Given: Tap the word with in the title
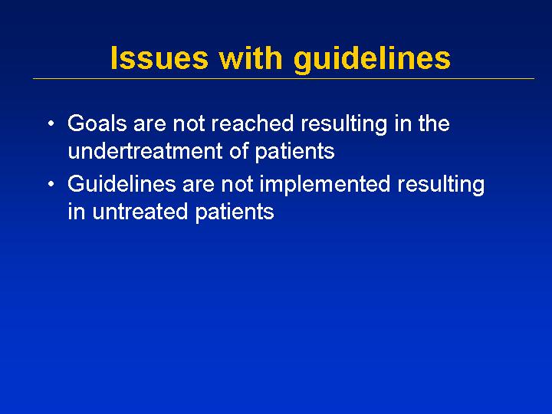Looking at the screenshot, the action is pyautogui.click(x=250, y=58).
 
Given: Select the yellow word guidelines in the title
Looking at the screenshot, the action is pyautogui.click(x=372, y=60).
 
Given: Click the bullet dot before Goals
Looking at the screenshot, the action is pyautogui.click(x=51, y=124).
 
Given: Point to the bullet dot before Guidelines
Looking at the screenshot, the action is pyautogui.click(x=51, y=184).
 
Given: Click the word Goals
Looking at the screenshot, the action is pyautogui.click(x=97, y=123).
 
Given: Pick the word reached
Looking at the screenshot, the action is pyautogui.click(x=252, y=123).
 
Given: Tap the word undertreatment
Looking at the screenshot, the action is pyautogui.click(x=145, y=151).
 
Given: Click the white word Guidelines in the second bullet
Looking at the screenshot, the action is pyautogui.click(x=121, y=184).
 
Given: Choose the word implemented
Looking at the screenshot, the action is pyautogui.click(x=325, y=186).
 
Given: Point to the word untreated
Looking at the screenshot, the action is pyautogui.click(x=140, y=212).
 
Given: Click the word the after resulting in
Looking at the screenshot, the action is pyautogui.click(x=434, y=123).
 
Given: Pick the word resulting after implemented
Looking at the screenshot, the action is pyautogui.click(x=441, y=186).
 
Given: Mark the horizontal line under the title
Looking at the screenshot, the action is pyautogui.click(x=284, y=78).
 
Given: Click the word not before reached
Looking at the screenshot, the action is pyautogui.click(x=189, y=123).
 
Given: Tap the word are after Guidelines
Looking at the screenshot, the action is pyautogui.click(x=199, y=184).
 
